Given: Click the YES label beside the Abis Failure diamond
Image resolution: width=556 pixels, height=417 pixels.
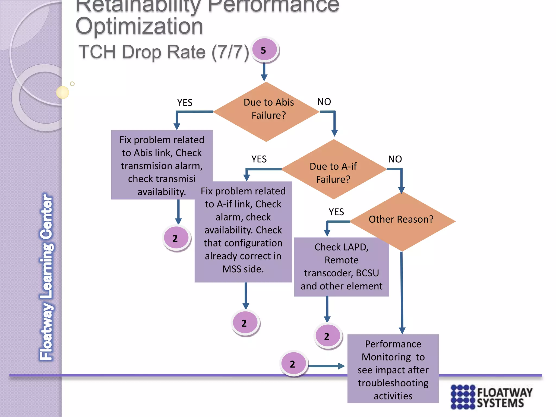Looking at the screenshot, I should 185,103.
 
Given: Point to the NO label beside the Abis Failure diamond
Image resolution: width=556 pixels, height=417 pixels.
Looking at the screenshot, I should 324,102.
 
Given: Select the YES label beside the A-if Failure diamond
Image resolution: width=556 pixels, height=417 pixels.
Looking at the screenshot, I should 259,159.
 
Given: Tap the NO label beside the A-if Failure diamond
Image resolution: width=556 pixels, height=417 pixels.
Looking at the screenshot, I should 395,159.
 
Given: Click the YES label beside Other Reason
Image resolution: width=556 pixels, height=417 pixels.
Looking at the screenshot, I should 336,212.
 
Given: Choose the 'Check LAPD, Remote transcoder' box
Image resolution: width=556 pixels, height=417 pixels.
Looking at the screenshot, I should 342,267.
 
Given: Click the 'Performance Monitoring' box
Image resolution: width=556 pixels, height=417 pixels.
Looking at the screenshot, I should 393,369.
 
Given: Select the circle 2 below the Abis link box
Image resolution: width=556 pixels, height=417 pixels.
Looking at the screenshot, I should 176,238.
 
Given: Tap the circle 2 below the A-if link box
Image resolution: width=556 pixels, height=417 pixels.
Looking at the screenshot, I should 245,323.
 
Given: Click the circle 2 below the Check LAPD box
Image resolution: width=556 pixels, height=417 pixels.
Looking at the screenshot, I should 328,336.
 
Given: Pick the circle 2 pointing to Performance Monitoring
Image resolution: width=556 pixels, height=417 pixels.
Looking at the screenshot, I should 293,364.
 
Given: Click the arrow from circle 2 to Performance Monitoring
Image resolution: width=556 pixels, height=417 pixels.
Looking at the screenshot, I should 326,366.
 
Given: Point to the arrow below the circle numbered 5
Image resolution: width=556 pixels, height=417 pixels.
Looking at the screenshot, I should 264,72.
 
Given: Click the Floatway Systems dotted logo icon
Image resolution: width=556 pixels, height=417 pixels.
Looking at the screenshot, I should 463,397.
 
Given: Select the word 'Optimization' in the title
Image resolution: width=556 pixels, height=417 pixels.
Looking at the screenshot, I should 139,26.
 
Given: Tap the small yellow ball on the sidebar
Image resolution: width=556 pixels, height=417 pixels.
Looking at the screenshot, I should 62,92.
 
